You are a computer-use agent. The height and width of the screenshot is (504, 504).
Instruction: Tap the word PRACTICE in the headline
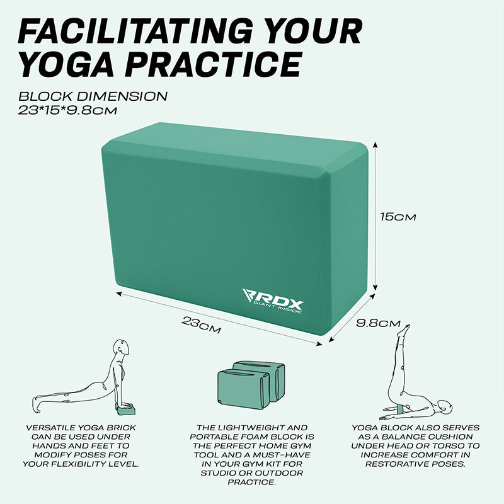[214, 64]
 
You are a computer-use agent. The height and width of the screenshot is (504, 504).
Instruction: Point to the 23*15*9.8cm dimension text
[67, 111]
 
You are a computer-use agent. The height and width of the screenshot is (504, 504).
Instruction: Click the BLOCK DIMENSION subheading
[93, 96]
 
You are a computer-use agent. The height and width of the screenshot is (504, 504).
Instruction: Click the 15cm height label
[398, 217]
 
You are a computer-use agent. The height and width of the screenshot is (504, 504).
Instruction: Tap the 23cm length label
[201, 325]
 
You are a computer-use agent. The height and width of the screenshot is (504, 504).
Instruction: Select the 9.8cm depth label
[379, 323]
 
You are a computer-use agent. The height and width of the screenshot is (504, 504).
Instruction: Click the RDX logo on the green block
[273, 301]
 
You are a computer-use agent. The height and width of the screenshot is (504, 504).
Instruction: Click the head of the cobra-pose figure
[121, 348]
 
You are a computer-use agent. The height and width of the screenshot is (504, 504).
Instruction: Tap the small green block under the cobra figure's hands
[126, 409]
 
